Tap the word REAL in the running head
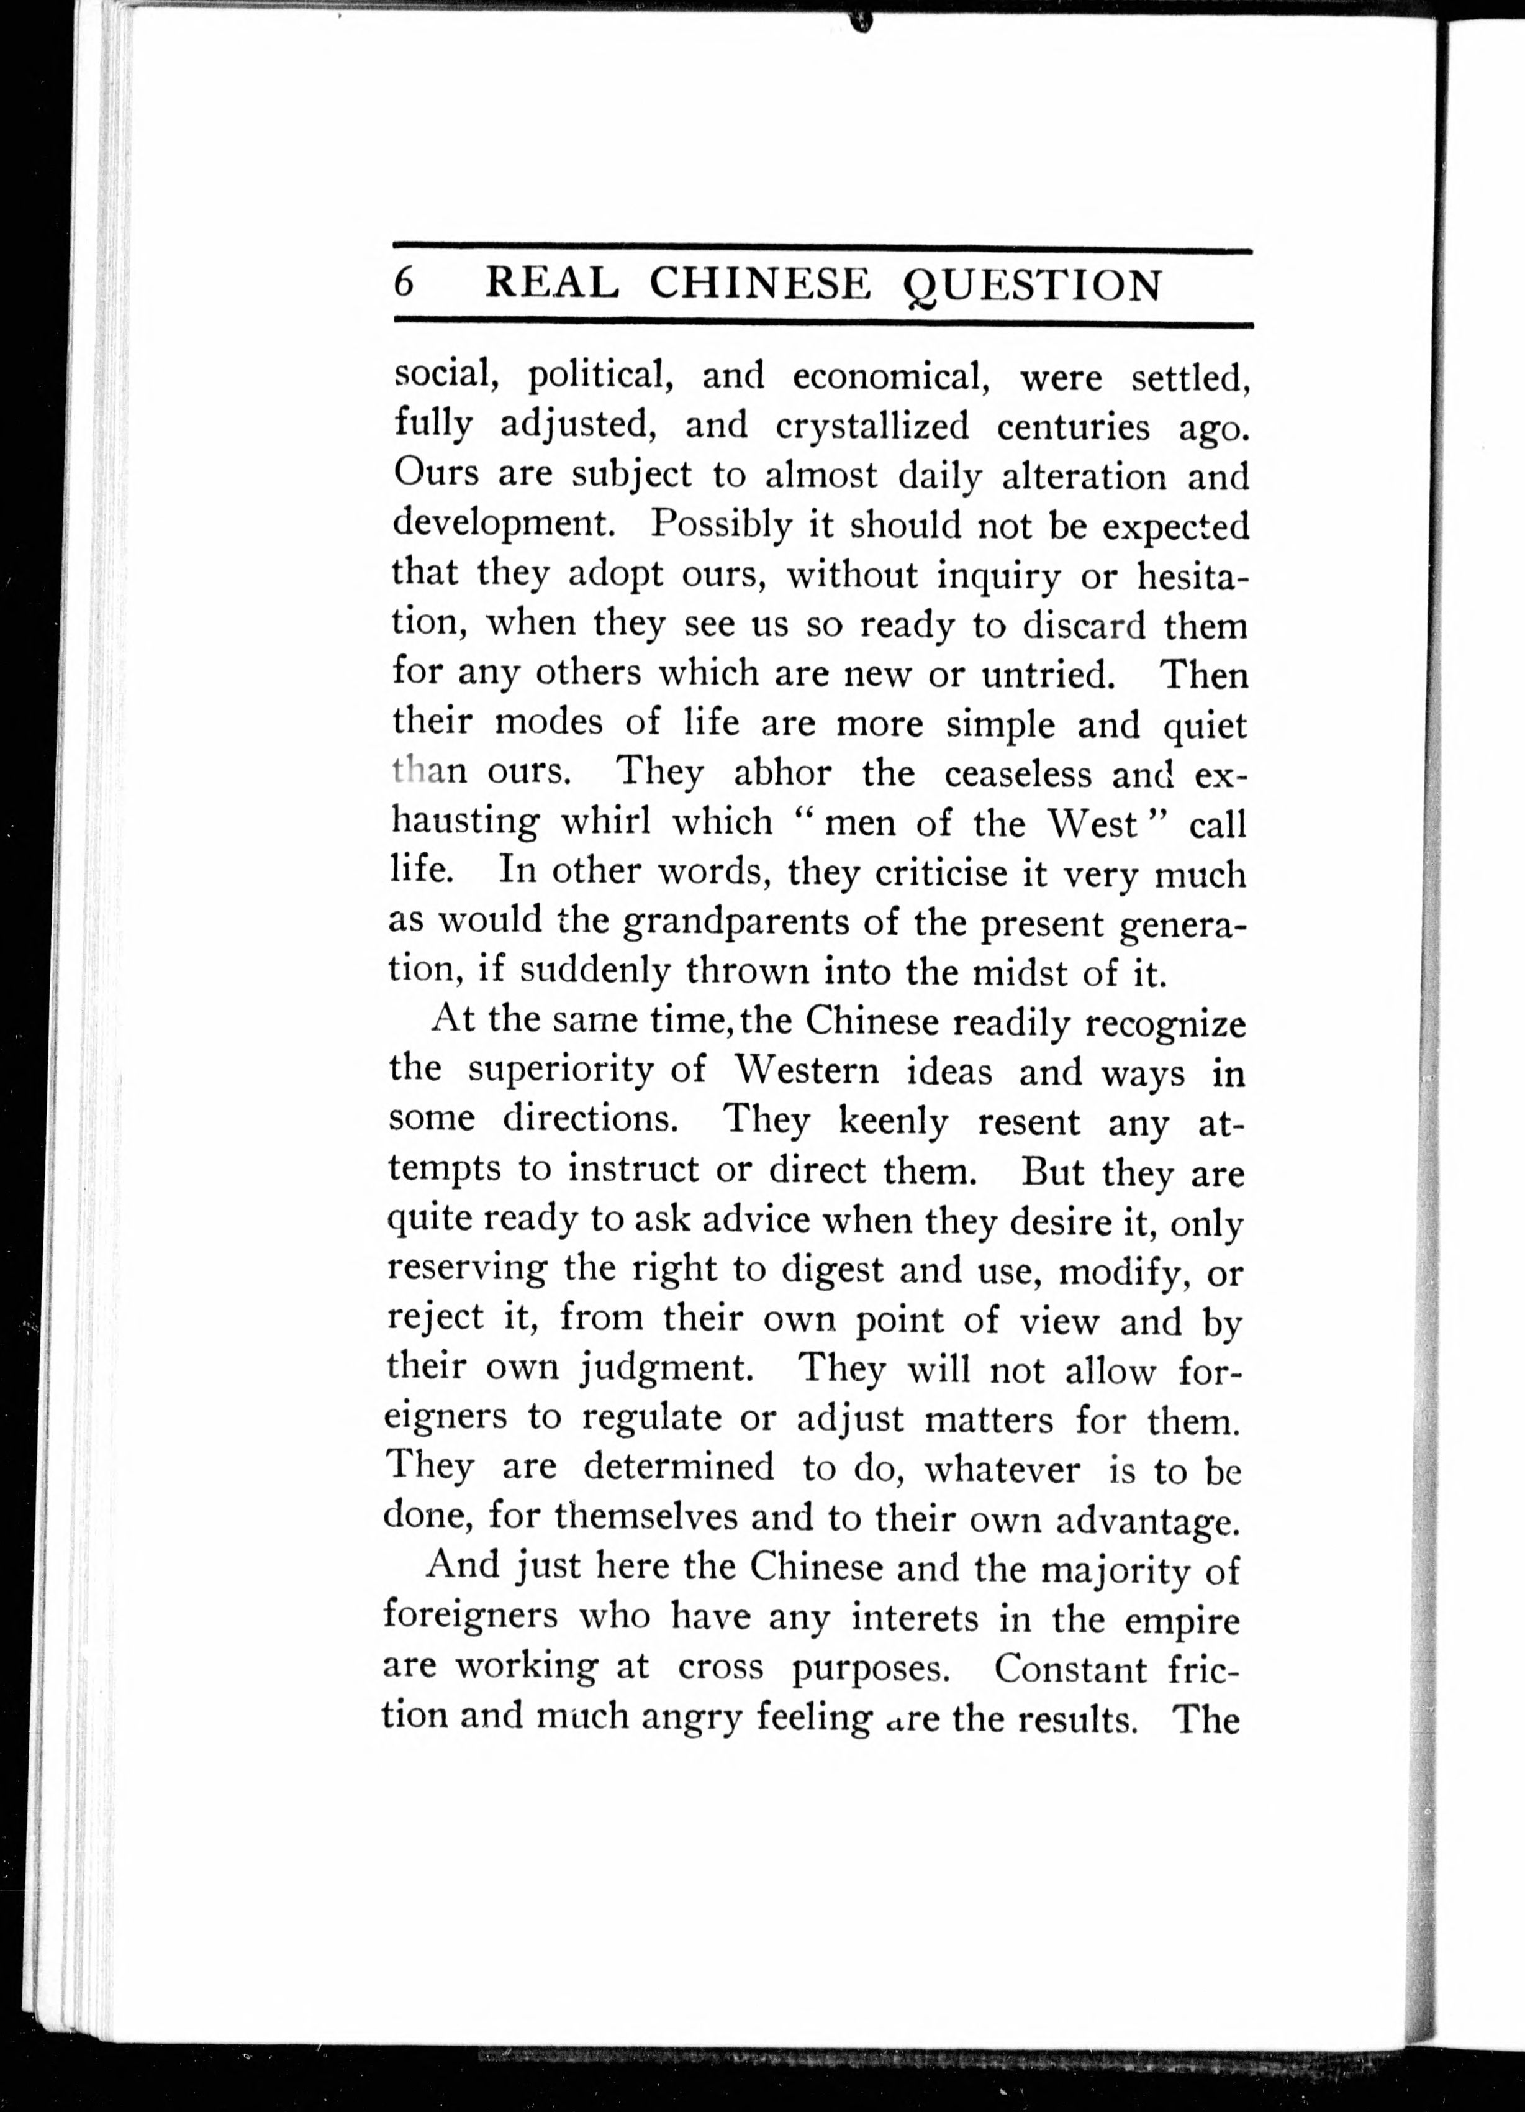[x=552, y=283]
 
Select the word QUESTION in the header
[x=1033, y=285]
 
